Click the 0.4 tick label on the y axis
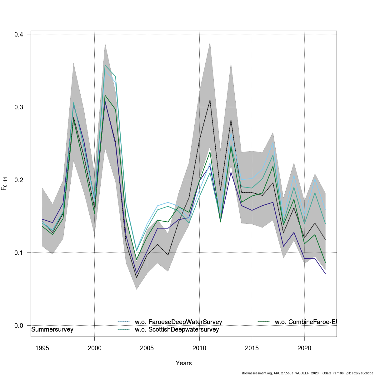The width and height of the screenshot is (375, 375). click(x=19, y=34)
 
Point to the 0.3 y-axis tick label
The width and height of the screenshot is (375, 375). click(x=19, y=107)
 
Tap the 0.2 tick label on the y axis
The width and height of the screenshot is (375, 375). click(x=19, y=180)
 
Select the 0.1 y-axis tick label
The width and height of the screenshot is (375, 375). click(x=19, y=252)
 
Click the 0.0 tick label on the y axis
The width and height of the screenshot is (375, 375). click(x=19, y=325)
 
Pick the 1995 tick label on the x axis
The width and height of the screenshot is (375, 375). click(x=42, y=348)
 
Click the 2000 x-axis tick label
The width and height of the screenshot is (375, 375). click(x=94, y=348)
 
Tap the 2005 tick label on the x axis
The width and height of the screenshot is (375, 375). click(x=147, y=348)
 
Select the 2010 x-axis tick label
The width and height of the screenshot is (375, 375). click(x=199, y=348)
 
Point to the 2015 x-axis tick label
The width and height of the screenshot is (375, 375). click(x=252, y=348)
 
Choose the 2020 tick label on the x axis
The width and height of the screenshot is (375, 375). click(x=304, y=348)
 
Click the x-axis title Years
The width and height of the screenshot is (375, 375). click(x=184, y=363)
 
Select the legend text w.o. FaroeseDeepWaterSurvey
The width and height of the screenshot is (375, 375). click(x=178, y=322)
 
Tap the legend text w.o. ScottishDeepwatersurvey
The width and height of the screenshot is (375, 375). click(x=177, y=329)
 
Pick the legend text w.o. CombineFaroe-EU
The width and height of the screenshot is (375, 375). click(x=306, y=322)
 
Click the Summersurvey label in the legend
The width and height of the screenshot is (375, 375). click(x=52, y=329)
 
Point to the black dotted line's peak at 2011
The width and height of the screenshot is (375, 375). click(x=210, y=100)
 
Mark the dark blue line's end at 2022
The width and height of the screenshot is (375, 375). click(x=325, y=274)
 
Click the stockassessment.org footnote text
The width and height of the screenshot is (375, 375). click(x=307, y=373)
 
